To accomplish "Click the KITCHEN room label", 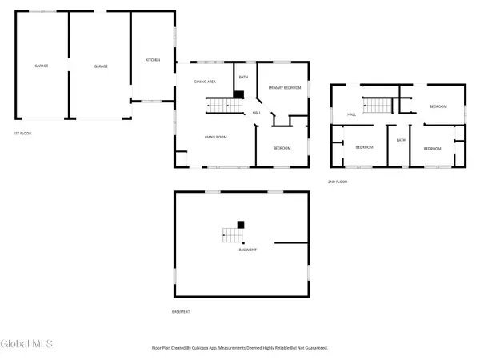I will [x=153, y=60].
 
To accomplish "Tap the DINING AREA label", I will [x=206, y=82].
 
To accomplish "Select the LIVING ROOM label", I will [x=215, y=137].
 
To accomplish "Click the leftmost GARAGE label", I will [x=41, y=66].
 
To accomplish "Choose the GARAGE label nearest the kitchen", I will [x=101, y=66].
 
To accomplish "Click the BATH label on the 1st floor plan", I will [x=243, y=78].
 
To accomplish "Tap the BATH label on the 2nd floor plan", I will [x=402, y=140].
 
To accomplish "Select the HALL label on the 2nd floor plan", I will [x=351, y=114].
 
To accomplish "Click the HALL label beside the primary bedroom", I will [x=256, y=113].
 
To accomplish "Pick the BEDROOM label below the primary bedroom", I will [x=282, y=148].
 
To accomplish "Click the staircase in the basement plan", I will [x=231, y=234].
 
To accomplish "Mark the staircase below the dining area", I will [x=219, y=105].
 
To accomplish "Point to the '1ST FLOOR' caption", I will [x=22, y=133].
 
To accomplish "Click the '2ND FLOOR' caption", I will [x=337, y=182].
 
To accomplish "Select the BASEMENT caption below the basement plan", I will [x=181, y=311].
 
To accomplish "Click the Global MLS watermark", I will [x=27, y=343].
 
